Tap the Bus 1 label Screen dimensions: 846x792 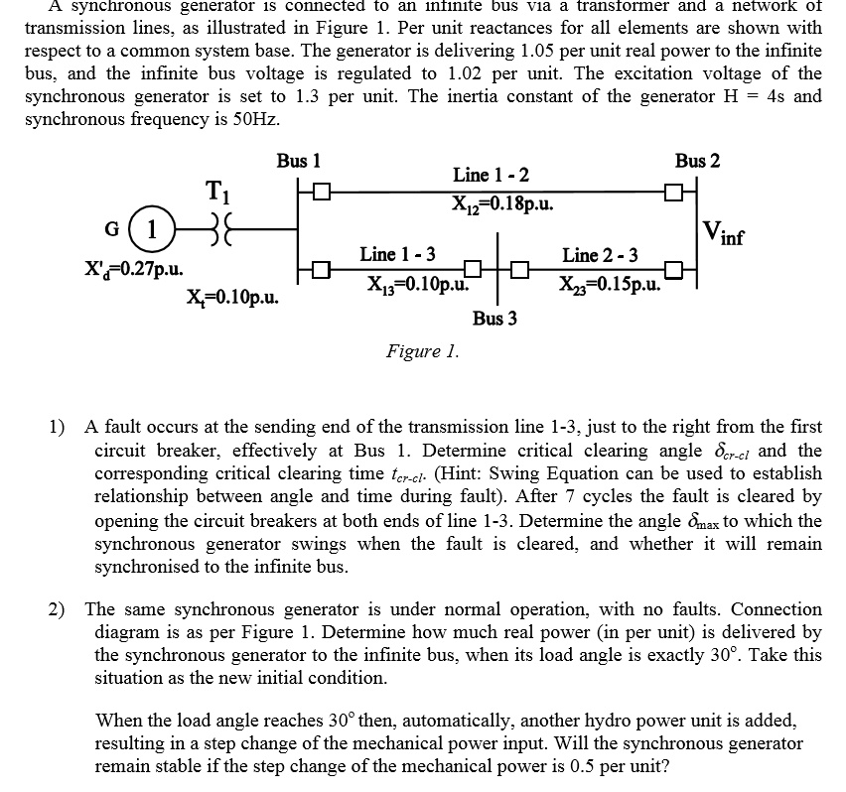[298, 160]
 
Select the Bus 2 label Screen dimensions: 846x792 [697, 160]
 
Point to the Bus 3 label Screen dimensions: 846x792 [494, 319]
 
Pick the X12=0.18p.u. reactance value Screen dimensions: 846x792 [502, 204]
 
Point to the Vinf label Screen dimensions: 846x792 [725, 234]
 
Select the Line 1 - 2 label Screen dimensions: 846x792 [491, 176]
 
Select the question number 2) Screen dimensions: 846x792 [62, 608]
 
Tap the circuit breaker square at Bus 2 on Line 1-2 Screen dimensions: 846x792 [674, 190]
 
